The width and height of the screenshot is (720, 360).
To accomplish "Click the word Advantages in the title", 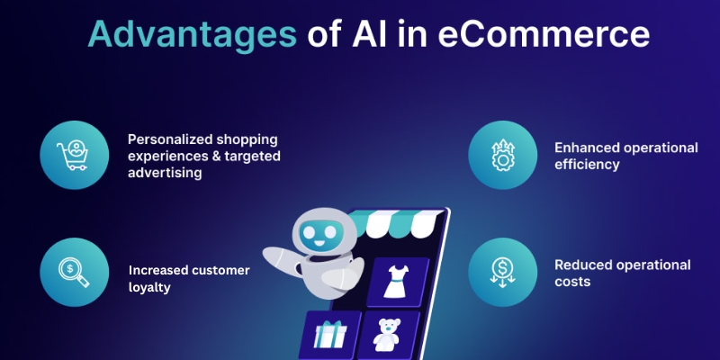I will (191, 35).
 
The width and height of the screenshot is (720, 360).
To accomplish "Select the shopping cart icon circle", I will (72, 156).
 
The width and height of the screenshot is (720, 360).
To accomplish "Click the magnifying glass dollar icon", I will (72, 270).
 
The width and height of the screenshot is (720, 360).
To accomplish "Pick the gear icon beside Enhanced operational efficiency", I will (500, 156).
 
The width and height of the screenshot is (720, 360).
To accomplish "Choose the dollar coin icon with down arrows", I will (500, 270).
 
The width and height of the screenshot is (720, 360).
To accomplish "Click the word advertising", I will (165, 172).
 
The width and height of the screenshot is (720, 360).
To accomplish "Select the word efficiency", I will (586, 164).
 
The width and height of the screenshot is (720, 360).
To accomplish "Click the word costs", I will (572, 281).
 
